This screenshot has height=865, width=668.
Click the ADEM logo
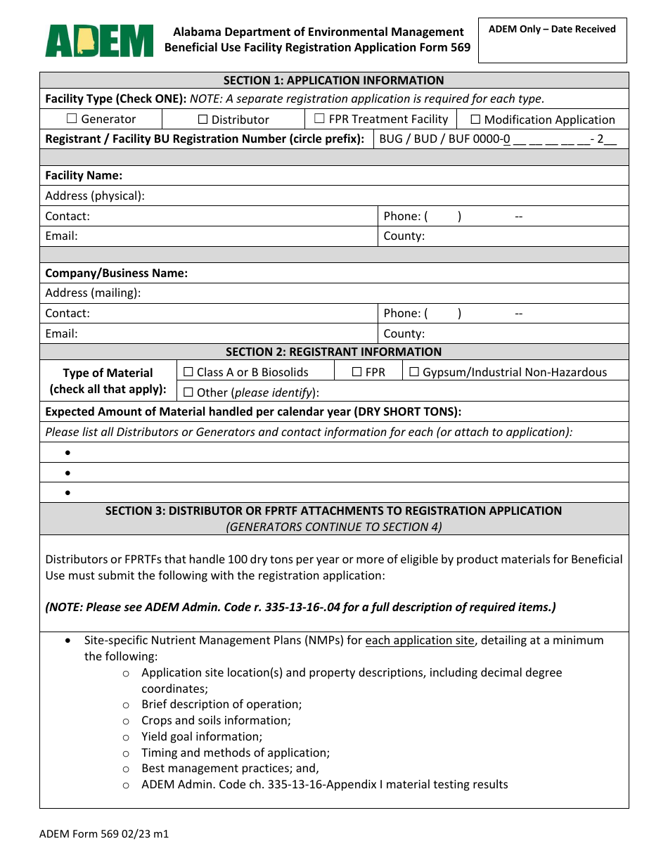coord(99,41)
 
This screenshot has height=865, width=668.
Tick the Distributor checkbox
coord(203,120)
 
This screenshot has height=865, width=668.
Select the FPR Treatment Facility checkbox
coord(319,119)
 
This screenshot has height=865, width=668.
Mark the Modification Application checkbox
coord(475,120)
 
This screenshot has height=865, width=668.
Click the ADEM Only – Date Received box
coord(552,41)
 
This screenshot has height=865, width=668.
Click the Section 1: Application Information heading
coord(333,80)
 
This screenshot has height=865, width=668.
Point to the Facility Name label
coord(84,176)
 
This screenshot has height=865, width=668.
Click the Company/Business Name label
coord(116,273)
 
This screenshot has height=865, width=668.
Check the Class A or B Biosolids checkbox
coord(188,372)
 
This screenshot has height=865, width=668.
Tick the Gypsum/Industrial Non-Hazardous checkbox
coord(414,372)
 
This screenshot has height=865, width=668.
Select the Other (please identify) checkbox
coord(188,392)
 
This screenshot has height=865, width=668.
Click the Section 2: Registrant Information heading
coord(333,352)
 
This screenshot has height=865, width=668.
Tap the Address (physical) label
coord(95,196)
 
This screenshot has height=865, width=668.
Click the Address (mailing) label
coord(93,293)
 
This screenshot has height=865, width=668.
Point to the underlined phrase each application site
coord(420,641)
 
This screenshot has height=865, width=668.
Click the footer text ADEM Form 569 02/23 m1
coord(104,835)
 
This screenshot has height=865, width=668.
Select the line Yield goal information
coord(202,736)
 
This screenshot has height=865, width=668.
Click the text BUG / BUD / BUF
coord(424,139)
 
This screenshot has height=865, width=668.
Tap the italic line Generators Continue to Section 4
coord(333,527)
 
